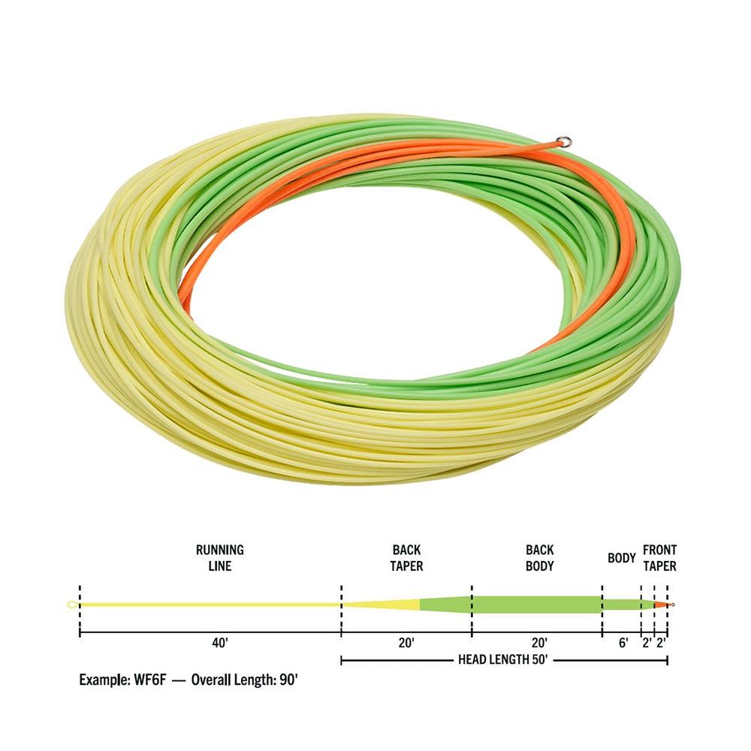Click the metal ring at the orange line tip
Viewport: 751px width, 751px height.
click(564, 141)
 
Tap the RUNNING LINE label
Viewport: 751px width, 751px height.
click(220, 557)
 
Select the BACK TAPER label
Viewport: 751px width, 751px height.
click(406, 557)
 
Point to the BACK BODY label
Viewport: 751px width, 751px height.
click(540, 557)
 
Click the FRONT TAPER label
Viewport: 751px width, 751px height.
click(659, 557)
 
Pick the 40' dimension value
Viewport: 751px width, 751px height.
click(220, 643)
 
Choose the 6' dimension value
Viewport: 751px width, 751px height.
click(623, 643)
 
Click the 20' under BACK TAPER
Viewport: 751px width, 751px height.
click(406, 643)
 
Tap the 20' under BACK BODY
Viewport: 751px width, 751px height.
click(539, 643)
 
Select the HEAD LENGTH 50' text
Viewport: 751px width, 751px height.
click(502, 660)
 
